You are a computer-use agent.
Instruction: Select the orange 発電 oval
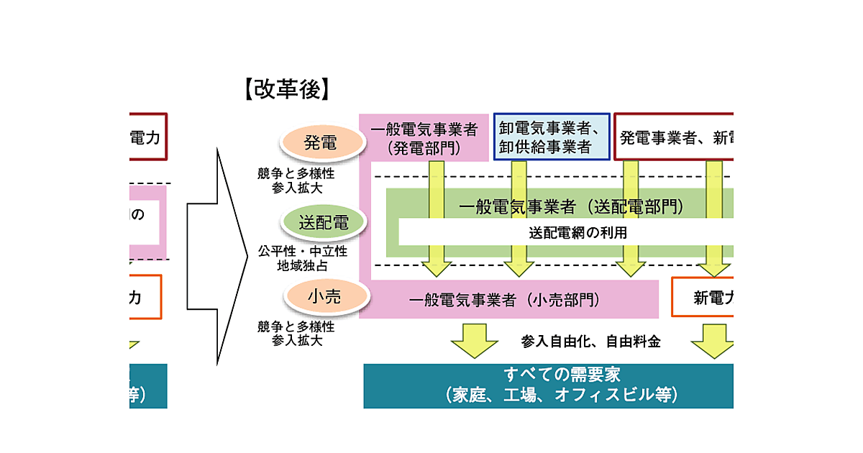pos(320,142)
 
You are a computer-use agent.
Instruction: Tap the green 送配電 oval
pos(324,223)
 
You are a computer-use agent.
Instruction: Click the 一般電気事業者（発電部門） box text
pos(424,139)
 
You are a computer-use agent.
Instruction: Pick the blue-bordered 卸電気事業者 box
pos(552,137)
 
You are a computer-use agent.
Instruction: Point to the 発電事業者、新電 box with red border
pos(674,137)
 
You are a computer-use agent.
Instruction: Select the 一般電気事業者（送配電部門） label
pos(570,207)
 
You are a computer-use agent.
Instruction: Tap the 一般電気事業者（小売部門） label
pos(504,300)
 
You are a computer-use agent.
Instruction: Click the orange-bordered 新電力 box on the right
pos(703,296)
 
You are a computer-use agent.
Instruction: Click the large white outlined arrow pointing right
pos(216,256)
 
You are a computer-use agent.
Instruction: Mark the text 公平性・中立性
pos(302,252)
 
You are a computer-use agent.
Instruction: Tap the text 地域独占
pos(302,266)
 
